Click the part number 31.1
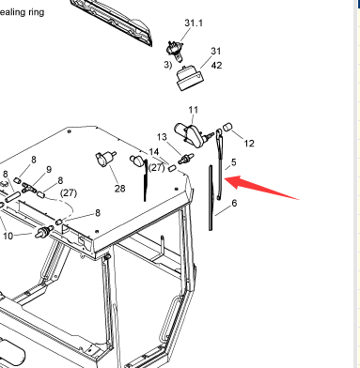[194, 23]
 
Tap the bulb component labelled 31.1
[173, 51]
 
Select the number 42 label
[216, 66]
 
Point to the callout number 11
[194, 110]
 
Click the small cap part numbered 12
[227, 127]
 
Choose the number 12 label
[249, 144]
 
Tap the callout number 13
[162, 137]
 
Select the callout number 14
[154, 152]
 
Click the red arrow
[261, 187]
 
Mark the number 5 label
[233, 162]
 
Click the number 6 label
[234, 203]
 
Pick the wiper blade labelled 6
[211, 198]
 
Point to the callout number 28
[119, 189]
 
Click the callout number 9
[49, 169]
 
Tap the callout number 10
[8, 236]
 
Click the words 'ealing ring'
[22, 12]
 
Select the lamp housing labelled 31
[189, 78]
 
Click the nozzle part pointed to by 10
[43, 232]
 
